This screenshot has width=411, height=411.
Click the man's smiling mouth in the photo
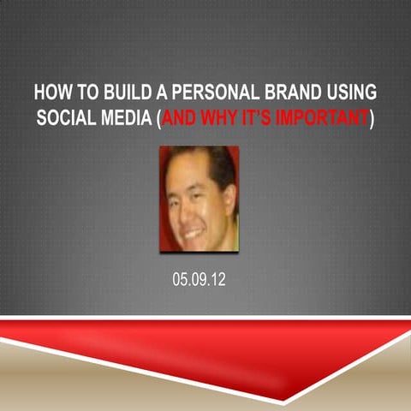(194, 231)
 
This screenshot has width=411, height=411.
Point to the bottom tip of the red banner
(286, 402)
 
